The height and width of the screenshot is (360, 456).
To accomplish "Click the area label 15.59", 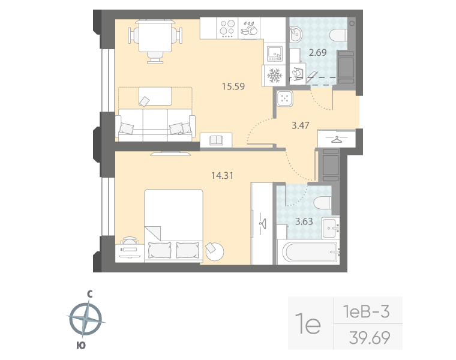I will pos(233,86).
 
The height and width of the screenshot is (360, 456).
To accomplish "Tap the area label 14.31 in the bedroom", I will pos(222,176).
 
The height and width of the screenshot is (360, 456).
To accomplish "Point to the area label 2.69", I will pos(317,53).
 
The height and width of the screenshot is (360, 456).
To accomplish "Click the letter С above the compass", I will pos(89,294).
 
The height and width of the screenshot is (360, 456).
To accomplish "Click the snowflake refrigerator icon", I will pos(274,76).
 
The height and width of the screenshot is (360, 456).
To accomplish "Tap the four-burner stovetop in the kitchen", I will pos(227,28).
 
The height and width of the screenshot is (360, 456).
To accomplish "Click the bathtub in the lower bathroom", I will pos(307,251).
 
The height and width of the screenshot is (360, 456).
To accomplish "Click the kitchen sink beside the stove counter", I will pos(274,54).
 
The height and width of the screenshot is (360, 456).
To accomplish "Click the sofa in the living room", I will pos(155,125).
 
